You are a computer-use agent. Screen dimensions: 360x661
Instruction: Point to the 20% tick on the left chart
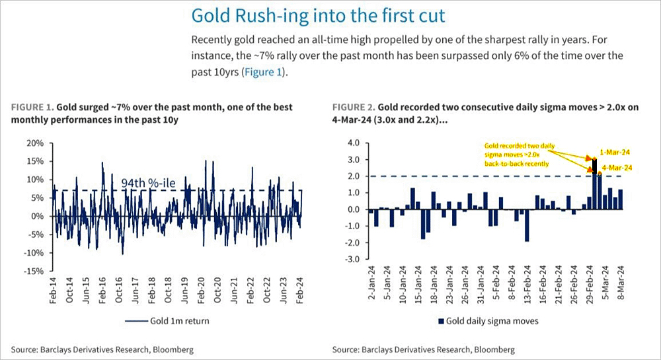coord(34,143)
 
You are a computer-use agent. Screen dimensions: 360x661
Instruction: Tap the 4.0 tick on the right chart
coord(353,143)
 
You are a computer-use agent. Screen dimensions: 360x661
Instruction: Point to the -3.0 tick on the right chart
coord(351,260)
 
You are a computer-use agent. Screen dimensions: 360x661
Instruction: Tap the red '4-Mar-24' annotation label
coord(617,168)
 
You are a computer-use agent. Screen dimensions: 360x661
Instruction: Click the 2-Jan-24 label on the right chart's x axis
coord(370,285)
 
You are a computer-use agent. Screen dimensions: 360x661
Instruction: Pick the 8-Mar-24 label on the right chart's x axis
coord(621,285)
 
